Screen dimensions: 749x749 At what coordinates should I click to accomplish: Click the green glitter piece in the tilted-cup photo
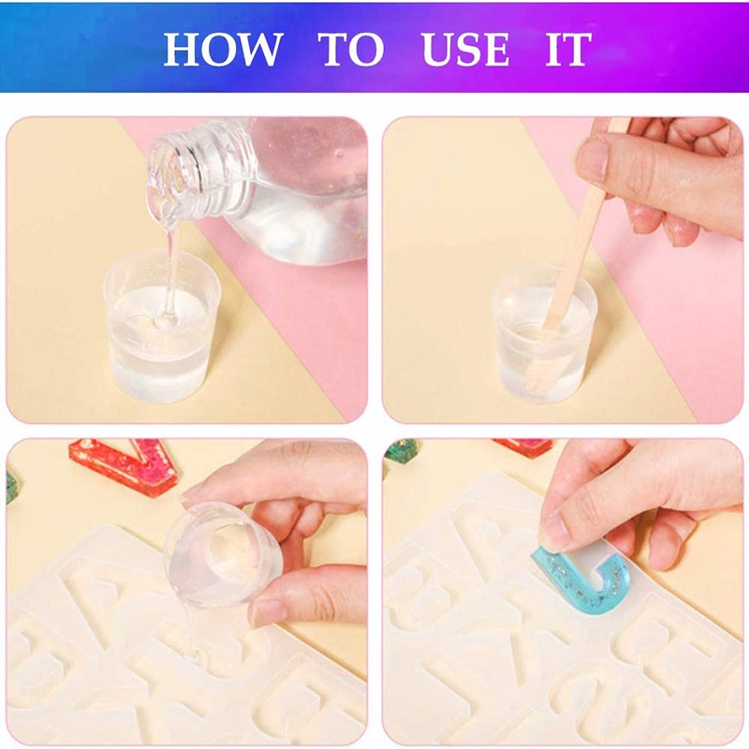click(11, 487)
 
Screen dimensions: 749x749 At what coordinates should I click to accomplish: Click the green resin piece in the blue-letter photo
click(401, 450)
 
